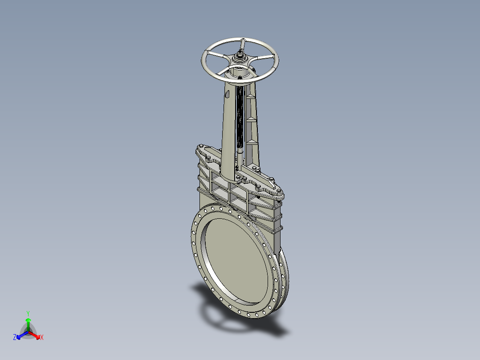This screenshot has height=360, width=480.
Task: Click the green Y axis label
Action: [x=28, y=313]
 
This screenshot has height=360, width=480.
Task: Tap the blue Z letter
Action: [x=15, y=338]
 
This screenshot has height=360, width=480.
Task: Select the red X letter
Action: [x=41, y=338]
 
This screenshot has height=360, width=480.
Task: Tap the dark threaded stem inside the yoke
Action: [x=241, y=116]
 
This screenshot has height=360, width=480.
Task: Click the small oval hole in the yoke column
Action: [x=227, y=94]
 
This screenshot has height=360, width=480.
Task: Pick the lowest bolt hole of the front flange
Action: [x=257, y=315]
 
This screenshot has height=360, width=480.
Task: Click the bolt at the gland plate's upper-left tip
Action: [x=201, y=146]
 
